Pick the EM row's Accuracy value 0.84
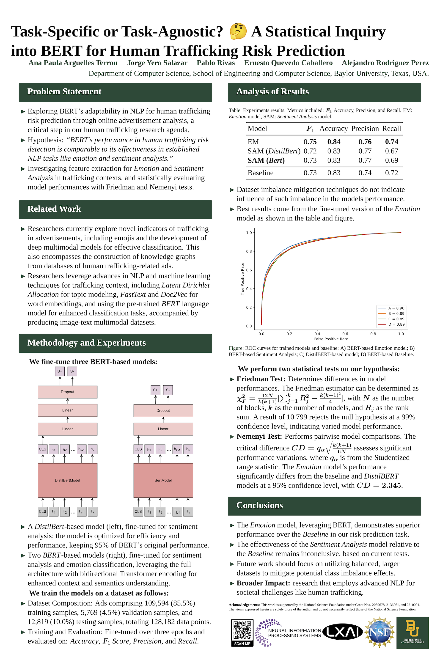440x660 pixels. (x=334, y=142)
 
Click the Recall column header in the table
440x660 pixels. (x=391, y=129)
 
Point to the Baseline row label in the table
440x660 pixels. (x=260, y=173)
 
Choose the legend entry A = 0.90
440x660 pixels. (x=396, y=308)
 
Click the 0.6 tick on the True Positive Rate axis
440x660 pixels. (x=249, y=270)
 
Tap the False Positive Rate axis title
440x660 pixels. (x=331, y=339)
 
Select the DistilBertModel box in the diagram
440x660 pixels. (x=67, y=480)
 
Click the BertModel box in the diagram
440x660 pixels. (x=163, y=480)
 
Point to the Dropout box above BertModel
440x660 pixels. (x=163, y=410)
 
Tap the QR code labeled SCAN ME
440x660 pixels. (x=242, y=632)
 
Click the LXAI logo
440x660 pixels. (x=343, y=632)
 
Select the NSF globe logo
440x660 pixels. (x=380, y=632)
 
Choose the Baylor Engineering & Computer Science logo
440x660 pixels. (x=412, y=632)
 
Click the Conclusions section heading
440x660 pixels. (x=260, y=505)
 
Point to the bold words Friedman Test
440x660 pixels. (x=261, y=379)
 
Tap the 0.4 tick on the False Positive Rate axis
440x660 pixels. (x=317, y=334)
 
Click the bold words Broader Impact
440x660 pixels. (x=263, y=583)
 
